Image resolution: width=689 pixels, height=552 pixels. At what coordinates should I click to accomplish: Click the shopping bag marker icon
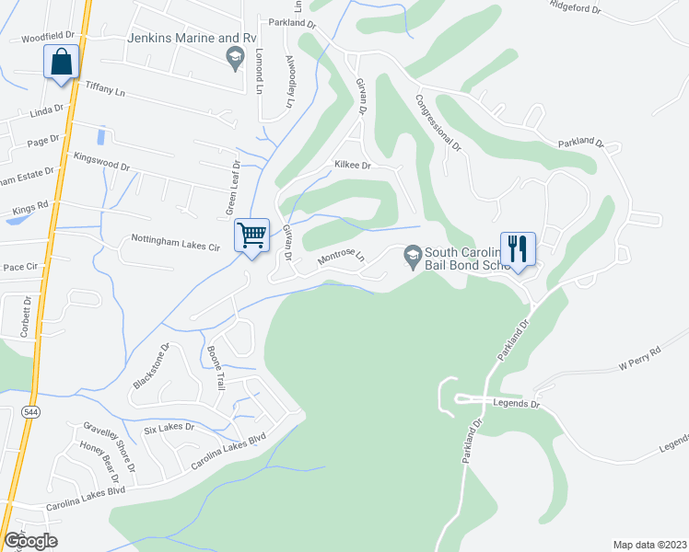tap(62, 63)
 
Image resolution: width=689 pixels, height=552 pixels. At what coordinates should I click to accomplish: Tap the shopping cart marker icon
tap(251, 236)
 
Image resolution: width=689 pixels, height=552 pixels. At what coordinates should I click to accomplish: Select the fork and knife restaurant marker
tap(518, 248)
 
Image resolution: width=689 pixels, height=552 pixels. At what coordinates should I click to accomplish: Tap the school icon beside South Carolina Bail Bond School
tap(413, 253)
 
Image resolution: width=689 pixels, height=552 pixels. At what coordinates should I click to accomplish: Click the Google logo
tap(29, 540)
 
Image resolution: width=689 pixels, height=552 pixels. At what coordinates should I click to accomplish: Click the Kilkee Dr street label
tap(352, 166)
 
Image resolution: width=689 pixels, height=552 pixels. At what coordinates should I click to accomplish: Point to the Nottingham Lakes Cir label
tap(175, 247)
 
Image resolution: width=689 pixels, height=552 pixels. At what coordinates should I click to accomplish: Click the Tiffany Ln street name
tap(104, 88)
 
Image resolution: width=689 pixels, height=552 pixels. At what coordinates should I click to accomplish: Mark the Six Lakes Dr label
tap(169, 428)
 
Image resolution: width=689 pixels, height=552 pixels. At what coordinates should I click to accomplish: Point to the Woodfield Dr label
tap(47, 38)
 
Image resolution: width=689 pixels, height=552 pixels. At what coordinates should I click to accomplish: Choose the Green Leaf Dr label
tap(232, 189)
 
